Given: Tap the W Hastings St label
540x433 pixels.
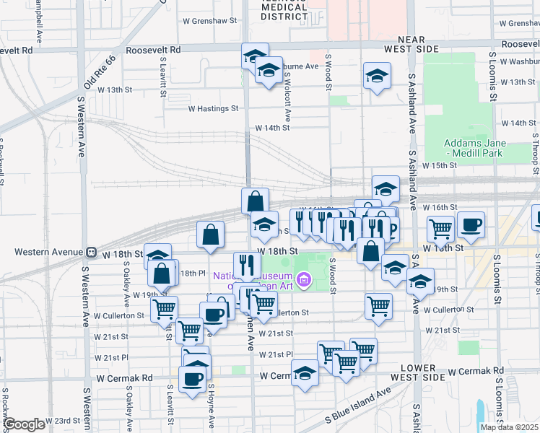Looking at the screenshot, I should pyautogui.click(x=213, y=109).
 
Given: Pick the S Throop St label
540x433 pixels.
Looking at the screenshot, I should pyautogui.click(x=536, y=281).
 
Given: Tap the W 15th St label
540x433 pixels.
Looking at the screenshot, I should pyautogui.click(x=440, y=165).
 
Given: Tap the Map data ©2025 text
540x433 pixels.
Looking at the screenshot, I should pyautogui.click(x=509, y=427).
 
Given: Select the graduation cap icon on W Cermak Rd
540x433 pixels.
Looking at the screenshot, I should pyautogui.click(x=305, y=373).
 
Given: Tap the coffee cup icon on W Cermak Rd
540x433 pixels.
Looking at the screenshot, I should pyautogui.click(x=193, y=378).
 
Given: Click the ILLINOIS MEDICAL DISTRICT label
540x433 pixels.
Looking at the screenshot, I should pyautogui.click(x=284, y=9).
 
